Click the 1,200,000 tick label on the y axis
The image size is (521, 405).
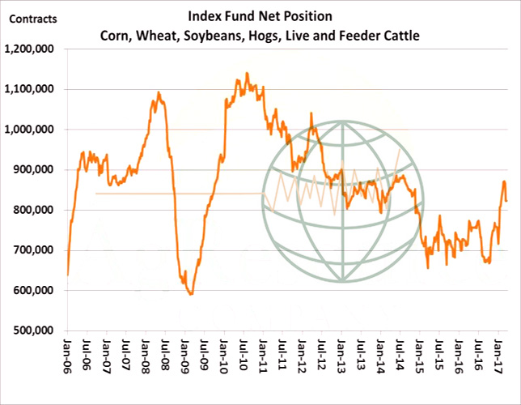click(30, 49)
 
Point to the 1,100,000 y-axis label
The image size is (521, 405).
click(30, 89)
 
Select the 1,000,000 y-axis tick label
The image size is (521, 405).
click(30, 130)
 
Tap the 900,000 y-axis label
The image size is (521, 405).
click(35, 169)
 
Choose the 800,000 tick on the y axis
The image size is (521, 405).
click(35, 210)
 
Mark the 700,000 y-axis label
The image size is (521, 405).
click(35, 250)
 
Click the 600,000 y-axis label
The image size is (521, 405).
click(35, 291)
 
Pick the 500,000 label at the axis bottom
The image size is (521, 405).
click(35, 330)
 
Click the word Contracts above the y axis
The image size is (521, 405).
click(26, 16)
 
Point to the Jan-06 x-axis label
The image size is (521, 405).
click(68, 356)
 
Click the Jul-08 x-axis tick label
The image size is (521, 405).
click(166, 356)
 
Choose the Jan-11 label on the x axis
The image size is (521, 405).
click(263, 356)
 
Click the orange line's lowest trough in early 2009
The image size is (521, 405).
click(191, 294)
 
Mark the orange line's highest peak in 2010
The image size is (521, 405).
click(247, 74)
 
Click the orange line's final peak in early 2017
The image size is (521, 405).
click(504, 181)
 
